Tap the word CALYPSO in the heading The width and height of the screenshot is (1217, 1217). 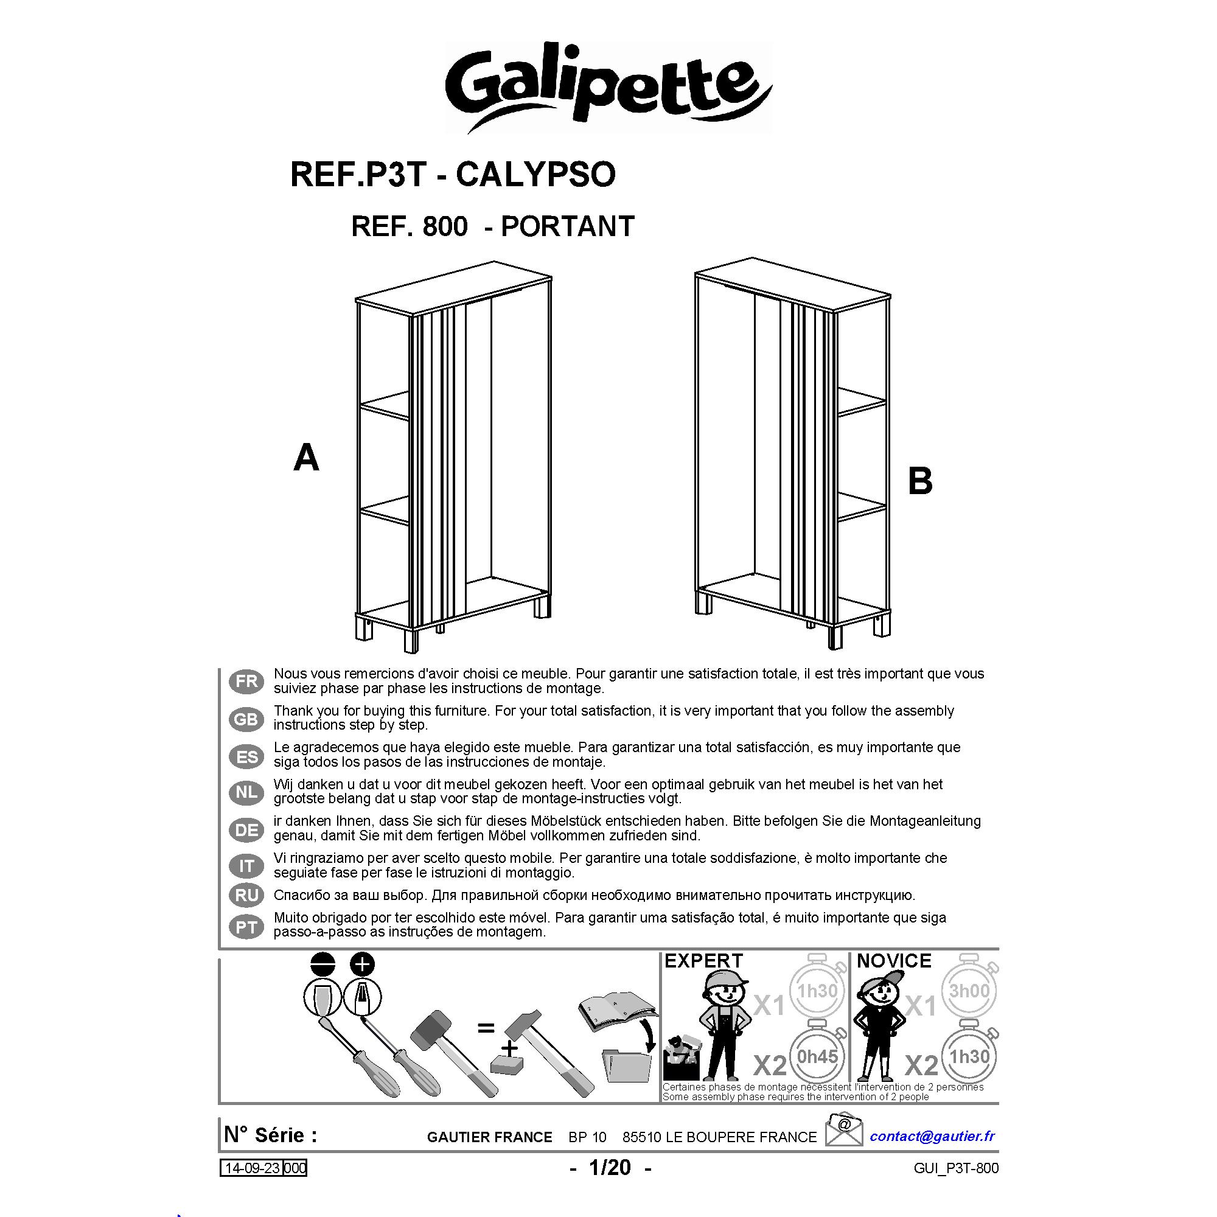tap(535, 175)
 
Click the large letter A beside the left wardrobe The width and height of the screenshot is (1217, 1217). tap(306, 458)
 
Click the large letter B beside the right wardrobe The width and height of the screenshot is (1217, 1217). tap(919, 481)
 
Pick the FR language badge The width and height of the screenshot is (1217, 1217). tap(246, 682)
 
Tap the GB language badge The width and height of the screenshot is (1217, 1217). tap(246, 719)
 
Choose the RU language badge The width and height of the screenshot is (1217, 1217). tap(246, 895)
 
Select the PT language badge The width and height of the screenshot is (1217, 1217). tap(246, 927)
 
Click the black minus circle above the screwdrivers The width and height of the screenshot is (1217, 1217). tap(323, 964)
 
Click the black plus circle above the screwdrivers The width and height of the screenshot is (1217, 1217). tap(361, 964)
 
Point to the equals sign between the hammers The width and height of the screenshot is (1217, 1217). tap(486, 1028)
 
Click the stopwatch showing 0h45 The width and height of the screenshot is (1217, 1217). tap(817, 1056)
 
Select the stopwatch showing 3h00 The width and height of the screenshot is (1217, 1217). tap(969, 991)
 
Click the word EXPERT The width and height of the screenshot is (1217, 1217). tap(703, 961)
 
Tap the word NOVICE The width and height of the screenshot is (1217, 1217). tap(893, 961)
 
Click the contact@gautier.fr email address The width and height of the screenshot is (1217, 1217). tap(932, 1135)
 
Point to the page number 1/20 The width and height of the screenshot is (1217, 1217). tap(609, 1167)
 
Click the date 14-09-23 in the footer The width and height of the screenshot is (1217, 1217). tap(252, 1168)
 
